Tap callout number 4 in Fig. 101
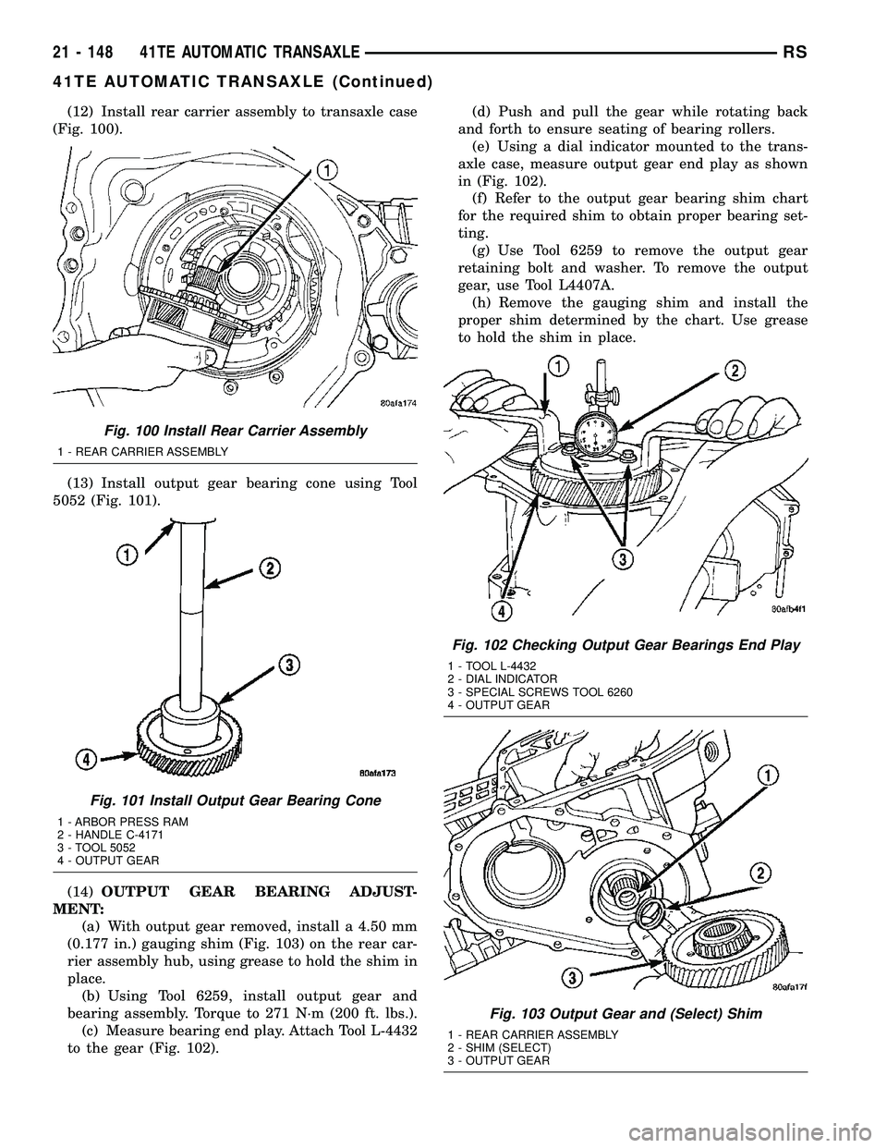point(86,760)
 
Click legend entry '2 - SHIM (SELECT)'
point(498,1048)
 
